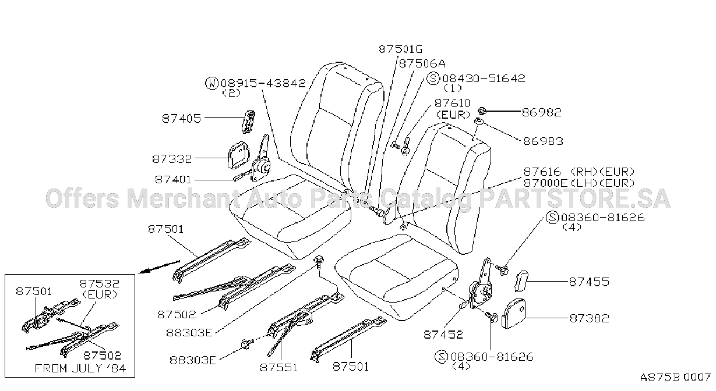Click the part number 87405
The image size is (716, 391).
[x=181, y=119]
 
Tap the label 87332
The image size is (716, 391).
[x=172, y=159]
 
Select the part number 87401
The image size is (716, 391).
[x=173, y=179]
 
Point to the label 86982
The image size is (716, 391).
[x=541, y=112]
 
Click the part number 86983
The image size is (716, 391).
[x=543, y=141]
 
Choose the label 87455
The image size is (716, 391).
[x=589, y=282]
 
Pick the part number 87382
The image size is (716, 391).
[x=589, y=318]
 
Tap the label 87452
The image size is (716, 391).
[x=443, y=334]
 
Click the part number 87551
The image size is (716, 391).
[x=278, y=367]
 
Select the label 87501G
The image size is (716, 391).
[x=400, y=49]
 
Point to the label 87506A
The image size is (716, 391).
[x=422, y=63]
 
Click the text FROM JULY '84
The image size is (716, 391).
[x=80, y=368]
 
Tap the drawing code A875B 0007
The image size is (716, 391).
[x=675, y=378]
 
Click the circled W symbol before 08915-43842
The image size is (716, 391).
[x=211, y=83]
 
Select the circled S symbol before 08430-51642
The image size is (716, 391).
[x=433, y=79]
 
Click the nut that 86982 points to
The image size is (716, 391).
[x=482, y=111]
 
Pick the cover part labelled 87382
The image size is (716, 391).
[x=514, y=313]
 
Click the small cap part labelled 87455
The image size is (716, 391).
[x=520, y=280]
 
